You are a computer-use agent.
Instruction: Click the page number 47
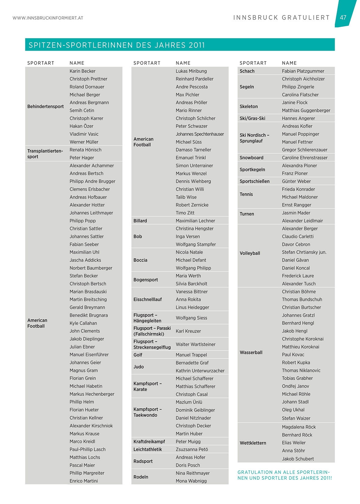click(x=343, y=17)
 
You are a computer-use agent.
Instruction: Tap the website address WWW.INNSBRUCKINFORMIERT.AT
click(x=48, y=18)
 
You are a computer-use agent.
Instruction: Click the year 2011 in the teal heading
click(x=197, y=45)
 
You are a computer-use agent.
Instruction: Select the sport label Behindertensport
click(x=45, y=106)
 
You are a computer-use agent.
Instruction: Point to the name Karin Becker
click(x=82, y=71)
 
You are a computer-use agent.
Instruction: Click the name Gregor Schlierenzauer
click(x=305, y=150)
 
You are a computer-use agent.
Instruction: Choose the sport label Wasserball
click(x=251, y=352)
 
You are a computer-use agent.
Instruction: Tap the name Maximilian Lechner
click(x=195, y=221)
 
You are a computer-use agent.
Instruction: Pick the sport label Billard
click(x=140, y=221)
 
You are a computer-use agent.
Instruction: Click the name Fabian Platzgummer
click(x=303, y=71)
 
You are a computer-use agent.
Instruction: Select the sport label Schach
click(x=247, y=71)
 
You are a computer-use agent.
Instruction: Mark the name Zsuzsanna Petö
click(x=192, y=449)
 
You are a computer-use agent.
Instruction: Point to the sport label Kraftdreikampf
click(x=149, y=442)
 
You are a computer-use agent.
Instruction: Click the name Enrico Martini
click(x=84, y=481)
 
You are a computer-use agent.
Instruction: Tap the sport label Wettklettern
click(x=253, y=443)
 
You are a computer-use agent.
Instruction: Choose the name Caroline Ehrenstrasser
click(x=305, y=158)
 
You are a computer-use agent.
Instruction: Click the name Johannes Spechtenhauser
click(x=200, y=134)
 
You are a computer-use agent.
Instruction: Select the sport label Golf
click(x=138, y=355)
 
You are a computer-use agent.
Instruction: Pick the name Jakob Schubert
click(x=298, y=459)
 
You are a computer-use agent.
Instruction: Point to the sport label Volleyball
click(x=250, y=253)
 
